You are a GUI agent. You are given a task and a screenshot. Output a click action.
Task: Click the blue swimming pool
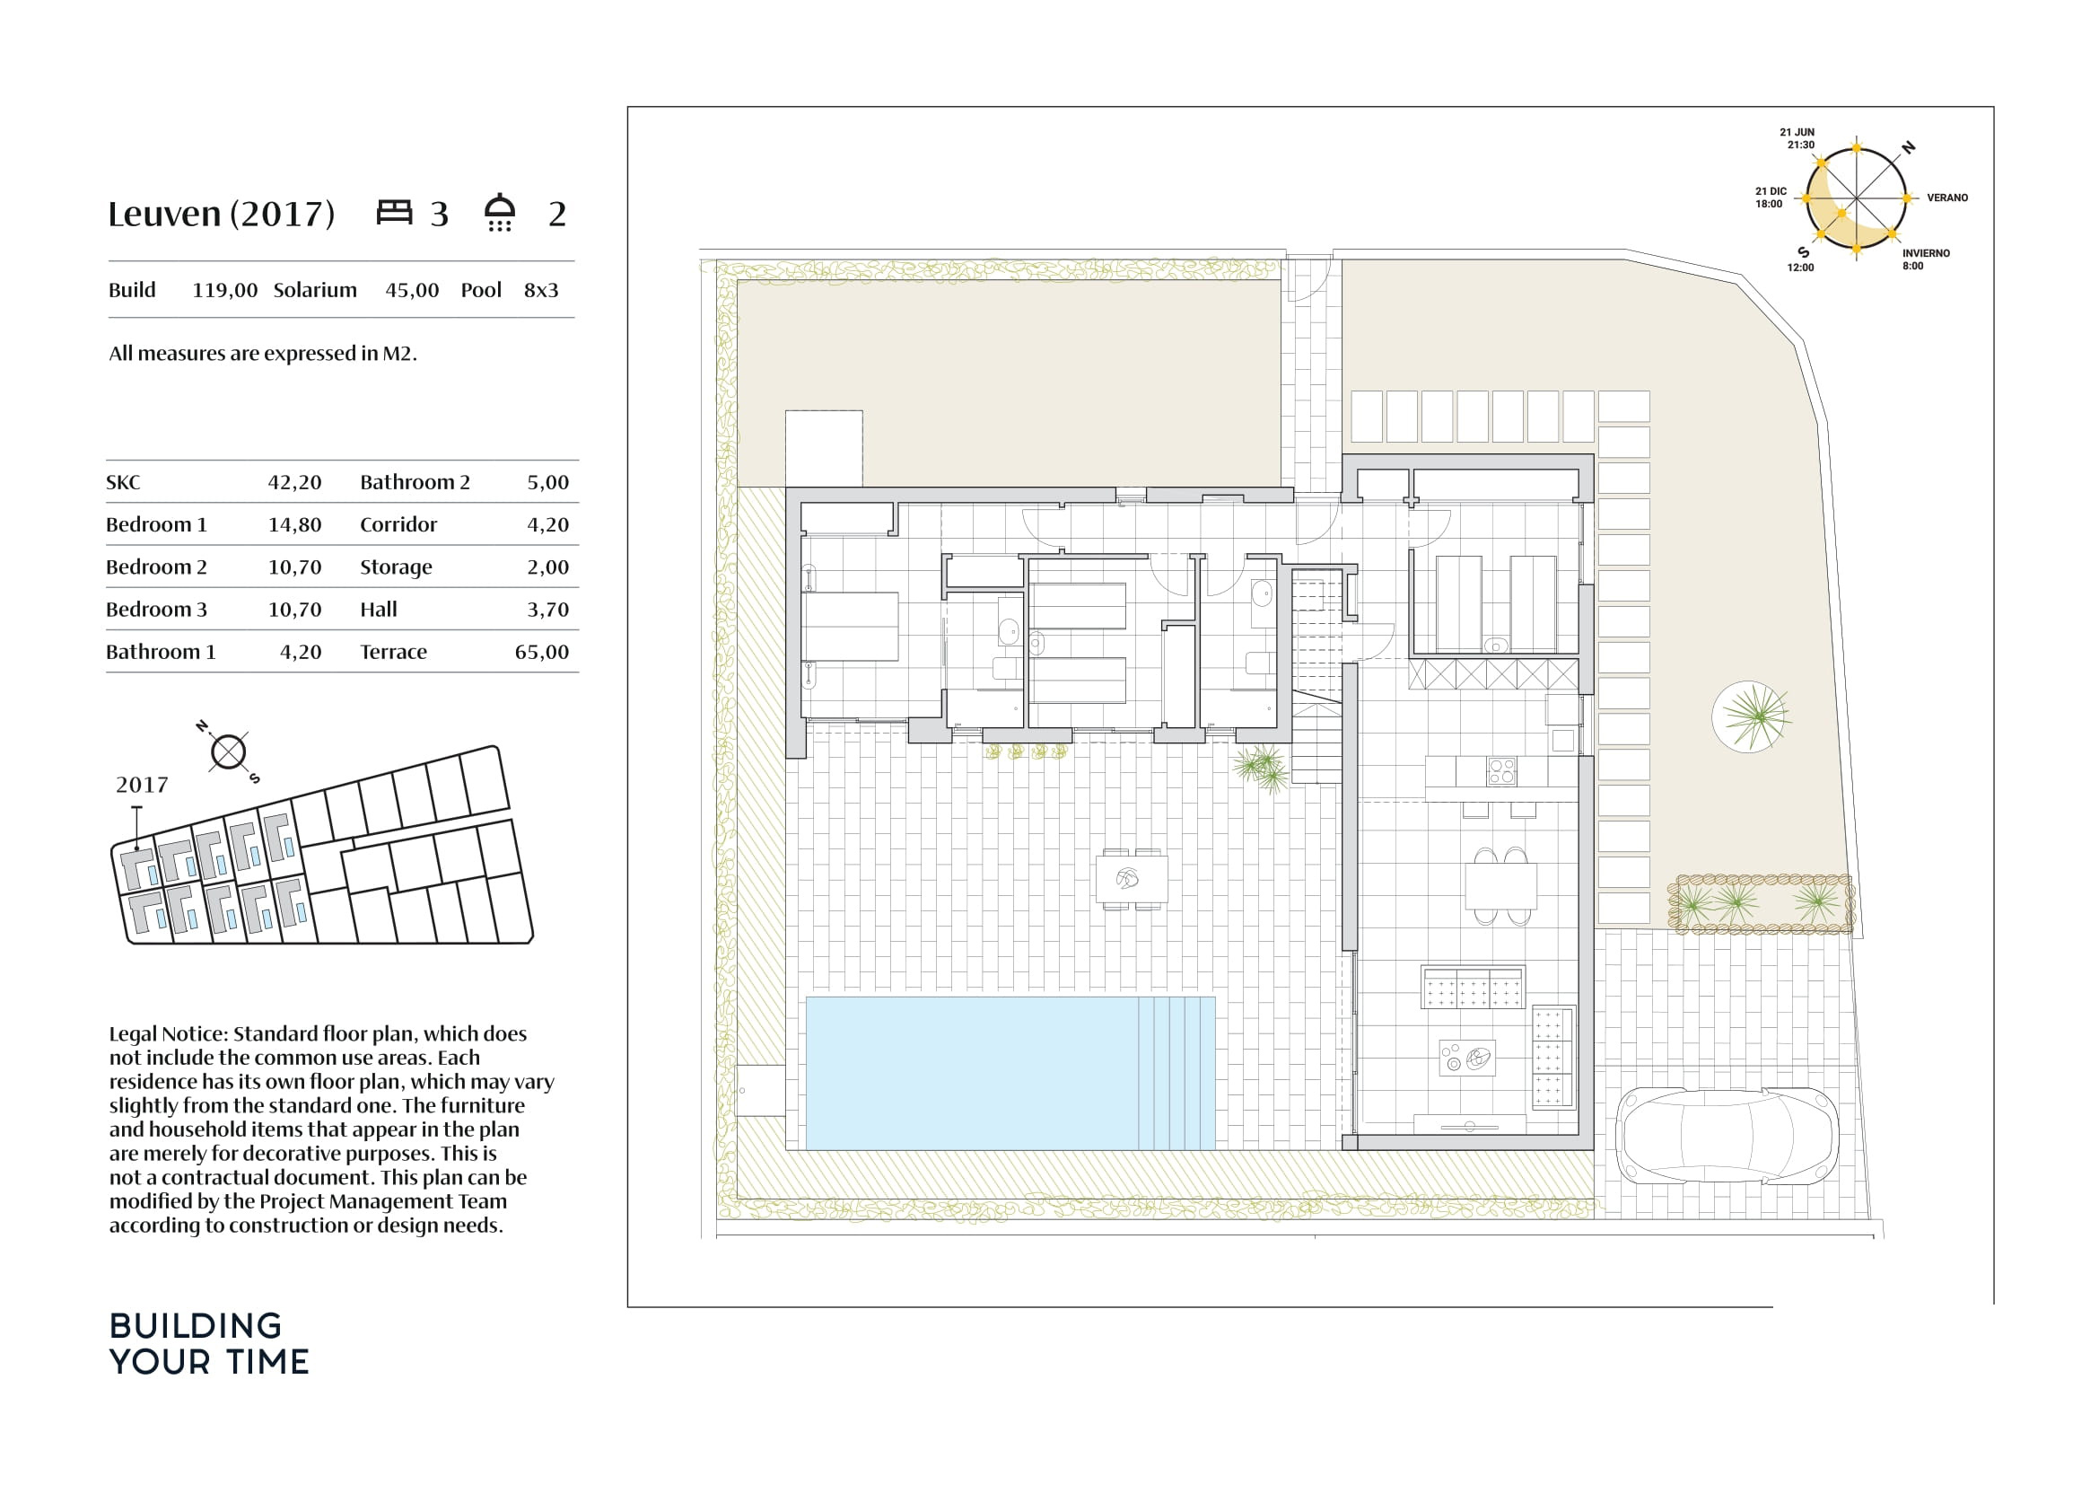(1010, 1073)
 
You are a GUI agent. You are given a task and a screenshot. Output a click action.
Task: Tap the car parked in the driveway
(1727, 1136)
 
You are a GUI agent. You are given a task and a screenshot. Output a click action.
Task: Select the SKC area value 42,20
(294, 483)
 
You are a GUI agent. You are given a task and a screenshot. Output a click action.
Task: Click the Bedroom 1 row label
(156, 525)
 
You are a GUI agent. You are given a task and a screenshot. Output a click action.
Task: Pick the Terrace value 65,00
(542, 652)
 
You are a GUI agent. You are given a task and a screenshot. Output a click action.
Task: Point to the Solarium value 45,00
(412, 291)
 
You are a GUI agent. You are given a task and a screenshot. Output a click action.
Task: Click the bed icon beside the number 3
(394, 212)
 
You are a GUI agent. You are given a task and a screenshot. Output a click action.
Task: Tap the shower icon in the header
(500, 212)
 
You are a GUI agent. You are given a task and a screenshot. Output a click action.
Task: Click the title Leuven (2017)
(222, 214)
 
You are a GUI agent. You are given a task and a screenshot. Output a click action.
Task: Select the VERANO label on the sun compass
(1947, 198)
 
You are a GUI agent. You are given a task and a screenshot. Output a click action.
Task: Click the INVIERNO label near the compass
(1926, 253)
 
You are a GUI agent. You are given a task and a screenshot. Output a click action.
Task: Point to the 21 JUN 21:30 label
(1797, 138)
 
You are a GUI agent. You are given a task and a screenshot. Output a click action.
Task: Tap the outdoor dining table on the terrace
(1132, 880)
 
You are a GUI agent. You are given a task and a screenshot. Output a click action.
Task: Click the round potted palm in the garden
(1751, 716)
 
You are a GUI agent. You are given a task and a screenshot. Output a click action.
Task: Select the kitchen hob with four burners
(1501, 772)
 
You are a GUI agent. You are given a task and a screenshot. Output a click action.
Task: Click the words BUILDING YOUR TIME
(209, 1344)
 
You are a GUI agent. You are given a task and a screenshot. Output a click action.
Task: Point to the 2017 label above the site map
(142, 785)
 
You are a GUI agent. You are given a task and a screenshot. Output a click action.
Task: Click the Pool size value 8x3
(541, 291)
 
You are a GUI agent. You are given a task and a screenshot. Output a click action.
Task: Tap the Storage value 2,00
(548, 567)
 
